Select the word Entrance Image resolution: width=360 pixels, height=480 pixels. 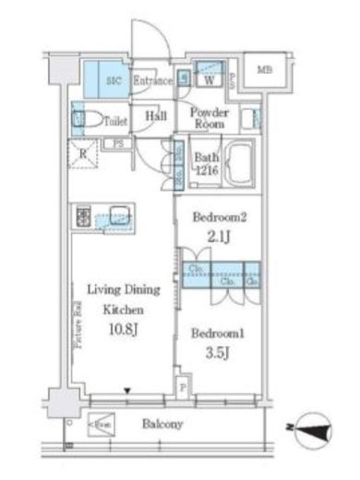coord(152,81)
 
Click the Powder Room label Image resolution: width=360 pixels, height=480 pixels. coord(210,117)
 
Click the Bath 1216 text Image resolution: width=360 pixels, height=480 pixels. coord(205,164)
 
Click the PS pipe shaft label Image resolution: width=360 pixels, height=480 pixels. coord(119,144)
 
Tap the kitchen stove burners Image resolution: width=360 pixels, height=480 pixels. coord(85,218)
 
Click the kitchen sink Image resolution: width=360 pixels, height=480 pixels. coord(118,216)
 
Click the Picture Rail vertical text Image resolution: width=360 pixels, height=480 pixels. coord(74,327)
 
